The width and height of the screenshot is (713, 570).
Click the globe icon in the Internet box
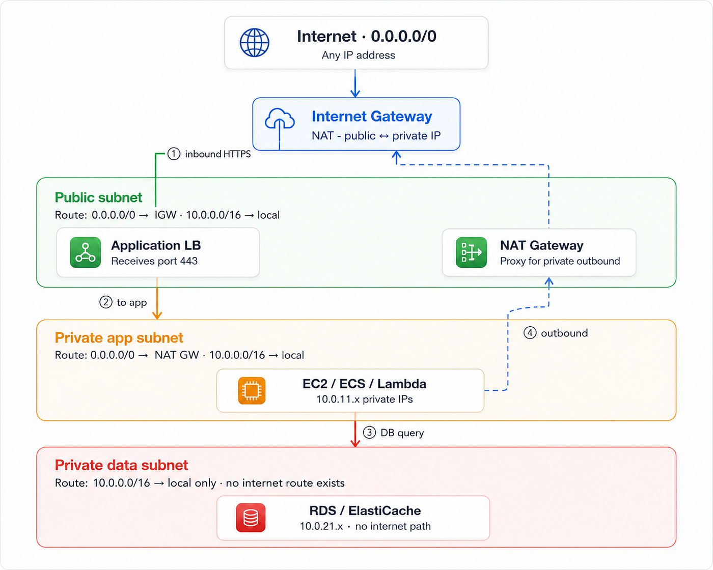coord(255,42)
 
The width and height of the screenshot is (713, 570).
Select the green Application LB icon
coord(85,252)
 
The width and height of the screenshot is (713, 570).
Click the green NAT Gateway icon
coord(471,252)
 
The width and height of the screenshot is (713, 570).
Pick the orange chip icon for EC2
coord(252,391)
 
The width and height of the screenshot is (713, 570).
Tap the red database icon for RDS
coord(251,518)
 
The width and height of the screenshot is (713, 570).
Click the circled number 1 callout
coord(174,154)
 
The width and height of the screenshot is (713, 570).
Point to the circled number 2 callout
coord(106,302)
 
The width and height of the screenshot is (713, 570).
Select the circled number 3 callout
coord(369,433)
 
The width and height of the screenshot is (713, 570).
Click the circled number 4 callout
coord(530,332)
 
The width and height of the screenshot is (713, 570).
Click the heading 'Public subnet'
coord(98,197)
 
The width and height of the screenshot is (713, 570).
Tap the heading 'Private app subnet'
coord(119,338)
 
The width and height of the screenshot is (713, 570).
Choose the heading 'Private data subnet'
coord(121,465)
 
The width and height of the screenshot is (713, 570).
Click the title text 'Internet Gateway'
coord(372,116)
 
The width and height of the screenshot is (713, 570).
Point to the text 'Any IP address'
coord(359,55)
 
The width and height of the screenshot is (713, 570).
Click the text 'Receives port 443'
coord(154,261)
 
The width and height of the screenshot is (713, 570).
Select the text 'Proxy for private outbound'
coord(560,261)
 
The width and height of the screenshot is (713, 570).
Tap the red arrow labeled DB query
coord(355,430)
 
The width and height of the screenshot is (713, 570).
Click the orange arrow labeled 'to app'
coord(157,298)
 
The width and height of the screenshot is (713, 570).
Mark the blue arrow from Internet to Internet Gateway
coord(355,83)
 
